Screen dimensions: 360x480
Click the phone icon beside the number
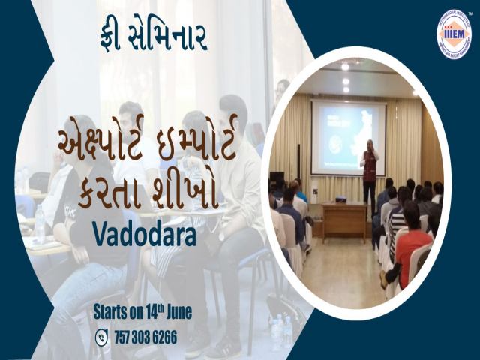tap(101, 337)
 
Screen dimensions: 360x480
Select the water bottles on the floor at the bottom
tap(280, 330)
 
